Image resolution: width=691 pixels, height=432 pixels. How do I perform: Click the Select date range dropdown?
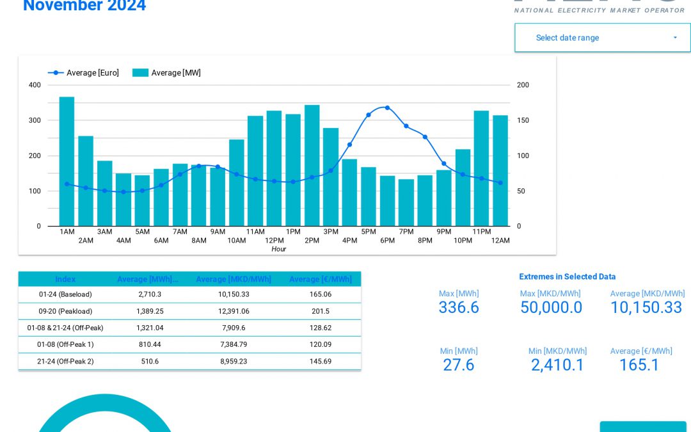602,38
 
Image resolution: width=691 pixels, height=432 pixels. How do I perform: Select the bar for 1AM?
67,161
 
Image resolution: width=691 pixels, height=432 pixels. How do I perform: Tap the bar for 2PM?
312,165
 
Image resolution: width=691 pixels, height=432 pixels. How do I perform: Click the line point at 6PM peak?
387,108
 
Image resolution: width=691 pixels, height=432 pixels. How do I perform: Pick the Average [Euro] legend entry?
84,73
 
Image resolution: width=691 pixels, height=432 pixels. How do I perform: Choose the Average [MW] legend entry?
167,73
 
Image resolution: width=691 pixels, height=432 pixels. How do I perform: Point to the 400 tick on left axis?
35,85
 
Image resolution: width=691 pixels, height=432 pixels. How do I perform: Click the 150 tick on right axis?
523,120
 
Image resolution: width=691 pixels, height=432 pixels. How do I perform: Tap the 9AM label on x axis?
218,232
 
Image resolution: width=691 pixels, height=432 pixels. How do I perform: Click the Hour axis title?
278,249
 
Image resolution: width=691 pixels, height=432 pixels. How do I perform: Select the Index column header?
65,279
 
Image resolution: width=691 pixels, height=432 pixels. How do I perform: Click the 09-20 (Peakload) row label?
65,311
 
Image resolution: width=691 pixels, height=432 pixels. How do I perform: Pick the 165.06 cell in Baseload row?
320,294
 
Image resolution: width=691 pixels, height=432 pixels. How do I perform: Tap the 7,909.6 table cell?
233,328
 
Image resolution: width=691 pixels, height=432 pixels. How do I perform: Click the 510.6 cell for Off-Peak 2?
149,361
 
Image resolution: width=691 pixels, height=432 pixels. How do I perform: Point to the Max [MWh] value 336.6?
458,308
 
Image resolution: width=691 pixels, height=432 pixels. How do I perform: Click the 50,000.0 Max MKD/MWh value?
551,308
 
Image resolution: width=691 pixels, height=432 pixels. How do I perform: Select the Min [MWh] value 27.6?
458,365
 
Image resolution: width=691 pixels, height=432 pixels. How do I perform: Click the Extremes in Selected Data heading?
567,276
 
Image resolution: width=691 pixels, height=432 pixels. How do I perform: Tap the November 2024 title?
84,6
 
